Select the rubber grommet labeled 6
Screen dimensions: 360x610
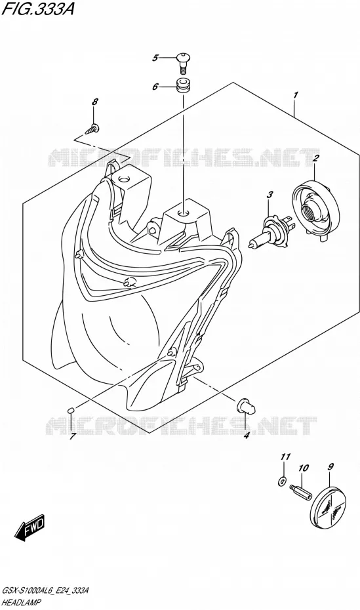click(x=182, y=85)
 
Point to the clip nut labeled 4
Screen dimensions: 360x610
click(x=247, y=407)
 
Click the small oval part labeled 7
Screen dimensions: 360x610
click(x=71, y=410)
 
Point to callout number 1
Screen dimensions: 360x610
click(x=296, y=95)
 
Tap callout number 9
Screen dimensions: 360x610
click(x=331, y=466)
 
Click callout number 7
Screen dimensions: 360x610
click(x=71, y=436)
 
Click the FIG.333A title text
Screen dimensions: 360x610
click(x=37, y=9)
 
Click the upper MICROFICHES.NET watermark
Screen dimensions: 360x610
click(x=183, y=157)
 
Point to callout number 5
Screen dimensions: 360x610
click(x=155, y=58)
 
